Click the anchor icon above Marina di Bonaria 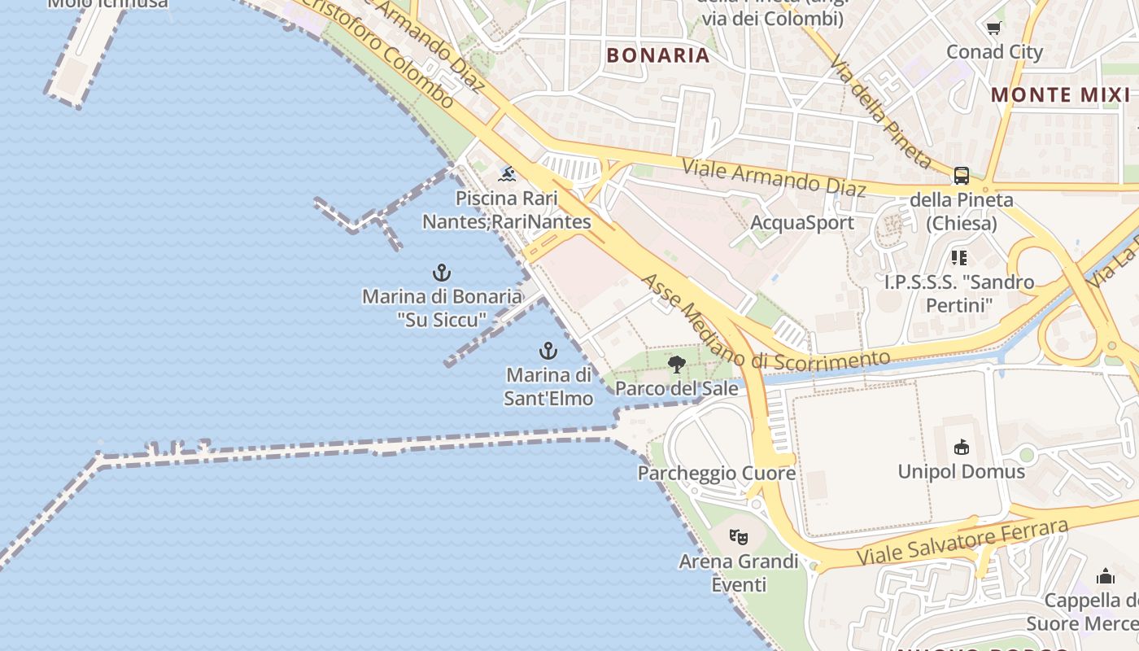442,273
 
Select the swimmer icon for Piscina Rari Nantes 508,174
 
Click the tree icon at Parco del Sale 676,365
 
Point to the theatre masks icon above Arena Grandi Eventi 739,537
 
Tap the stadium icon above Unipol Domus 961,447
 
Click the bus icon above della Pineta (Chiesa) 962,176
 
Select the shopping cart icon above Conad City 993,29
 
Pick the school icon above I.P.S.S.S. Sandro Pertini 959,258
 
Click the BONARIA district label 658,55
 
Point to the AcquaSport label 802,222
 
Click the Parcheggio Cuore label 717,474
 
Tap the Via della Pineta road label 879,111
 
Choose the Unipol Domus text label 962,472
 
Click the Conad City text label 994,52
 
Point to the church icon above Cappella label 1105,577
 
